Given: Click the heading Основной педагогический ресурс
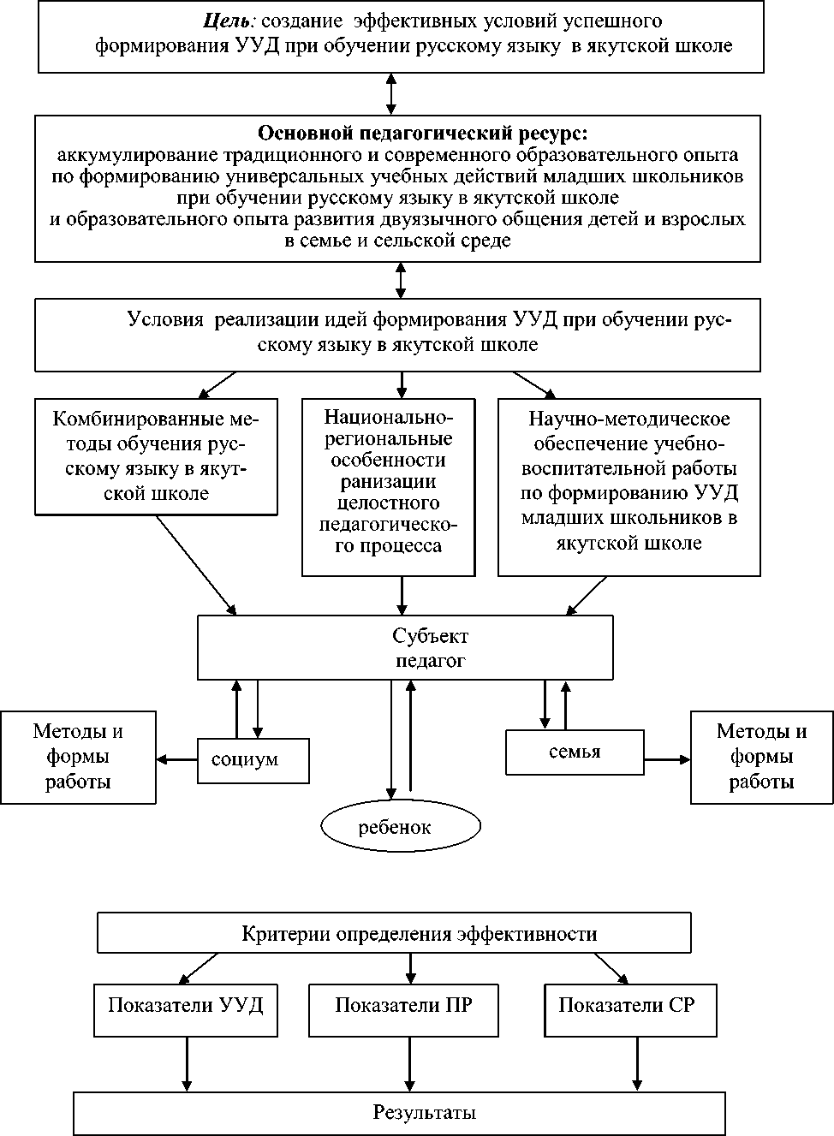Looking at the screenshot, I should (x=423, y=134).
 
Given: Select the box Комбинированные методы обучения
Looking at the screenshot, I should (x=157, y=456).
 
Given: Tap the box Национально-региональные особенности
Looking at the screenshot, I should (x=389, y=486).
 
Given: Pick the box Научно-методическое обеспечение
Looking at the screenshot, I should (x=629, y=486).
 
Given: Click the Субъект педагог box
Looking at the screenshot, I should (x=405, y=648).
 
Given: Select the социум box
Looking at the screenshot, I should (x=253, y=760).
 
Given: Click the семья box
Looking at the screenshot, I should (x=575, y=752).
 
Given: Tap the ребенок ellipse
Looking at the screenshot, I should (x=400, y=826).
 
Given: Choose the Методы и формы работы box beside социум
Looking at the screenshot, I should (x=78, y=757).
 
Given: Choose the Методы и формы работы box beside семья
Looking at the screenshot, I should (x=761, y=757).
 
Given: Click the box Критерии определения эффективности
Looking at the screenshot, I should (x=394, y=933).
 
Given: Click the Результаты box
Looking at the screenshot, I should (x=399, y=1113).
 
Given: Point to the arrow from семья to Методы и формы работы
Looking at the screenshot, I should (x=667, y=759).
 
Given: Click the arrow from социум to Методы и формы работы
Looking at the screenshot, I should (x=177, y=759).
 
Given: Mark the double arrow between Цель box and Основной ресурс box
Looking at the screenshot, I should (x=391, y=94).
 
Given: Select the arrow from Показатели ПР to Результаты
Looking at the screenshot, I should (x=411, y=1064).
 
